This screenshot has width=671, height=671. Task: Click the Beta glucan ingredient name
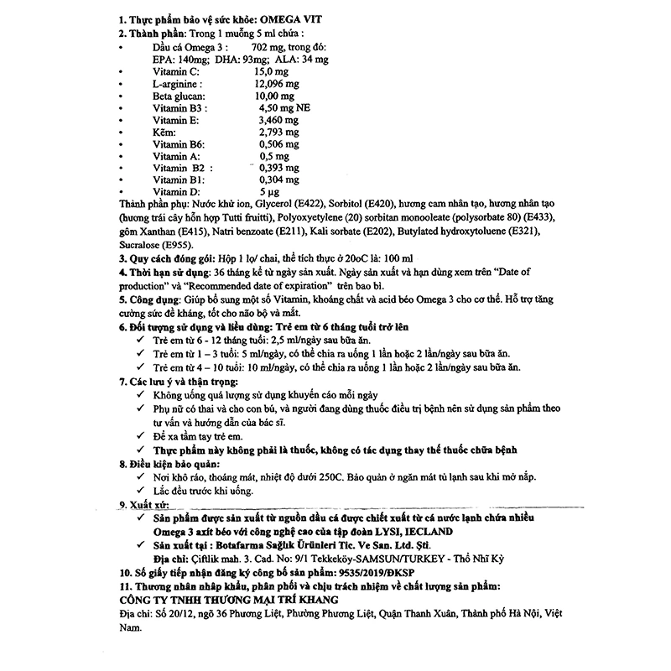(x=177, y=96)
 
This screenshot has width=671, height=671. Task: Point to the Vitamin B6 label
(x=177, y=144)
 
